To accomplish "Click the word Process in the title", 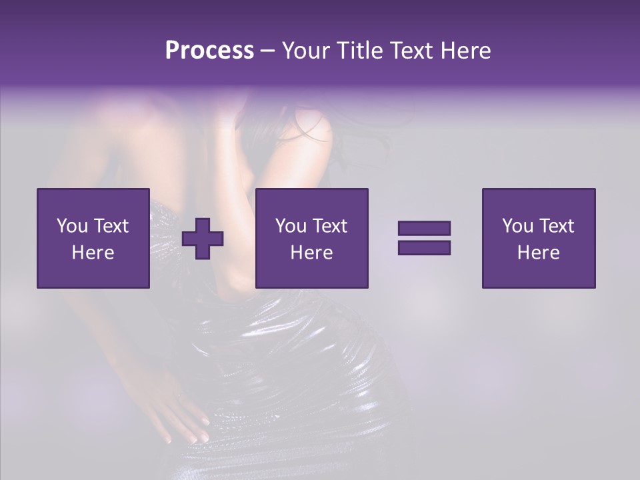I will click(209, 51).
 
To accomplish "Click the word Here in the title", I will click(466, 51).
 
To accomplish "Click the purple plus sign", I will click(203, 239).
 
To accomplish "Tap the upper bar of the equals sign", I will click(424, 229).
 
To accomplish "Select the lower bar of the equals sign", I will click(424, 248).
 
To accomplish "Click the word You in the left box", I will click(72, 226).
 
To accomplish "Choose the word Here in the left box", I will click(93, 253).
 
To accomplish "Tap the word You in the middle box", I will click(291, 226).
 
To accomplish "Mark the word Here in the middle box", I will click(311, 253).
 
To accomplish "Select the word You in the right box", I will click(517, 226).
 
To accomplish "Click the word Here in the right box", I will click(538, 253).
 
